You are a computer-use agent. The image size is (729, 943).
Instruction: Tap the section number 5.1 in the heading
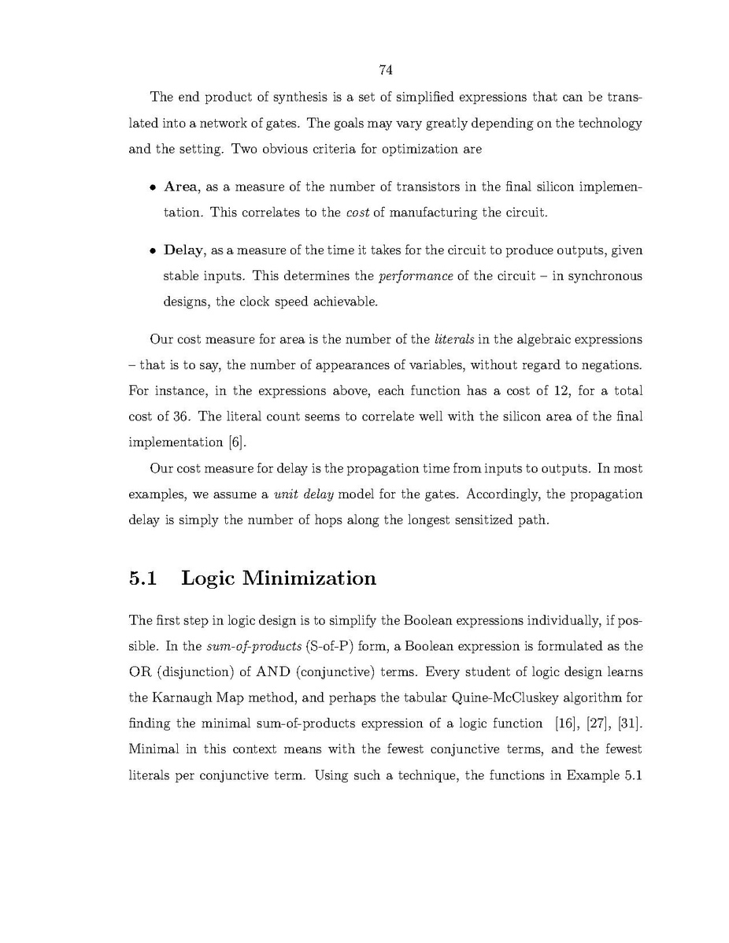(143, 579)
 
